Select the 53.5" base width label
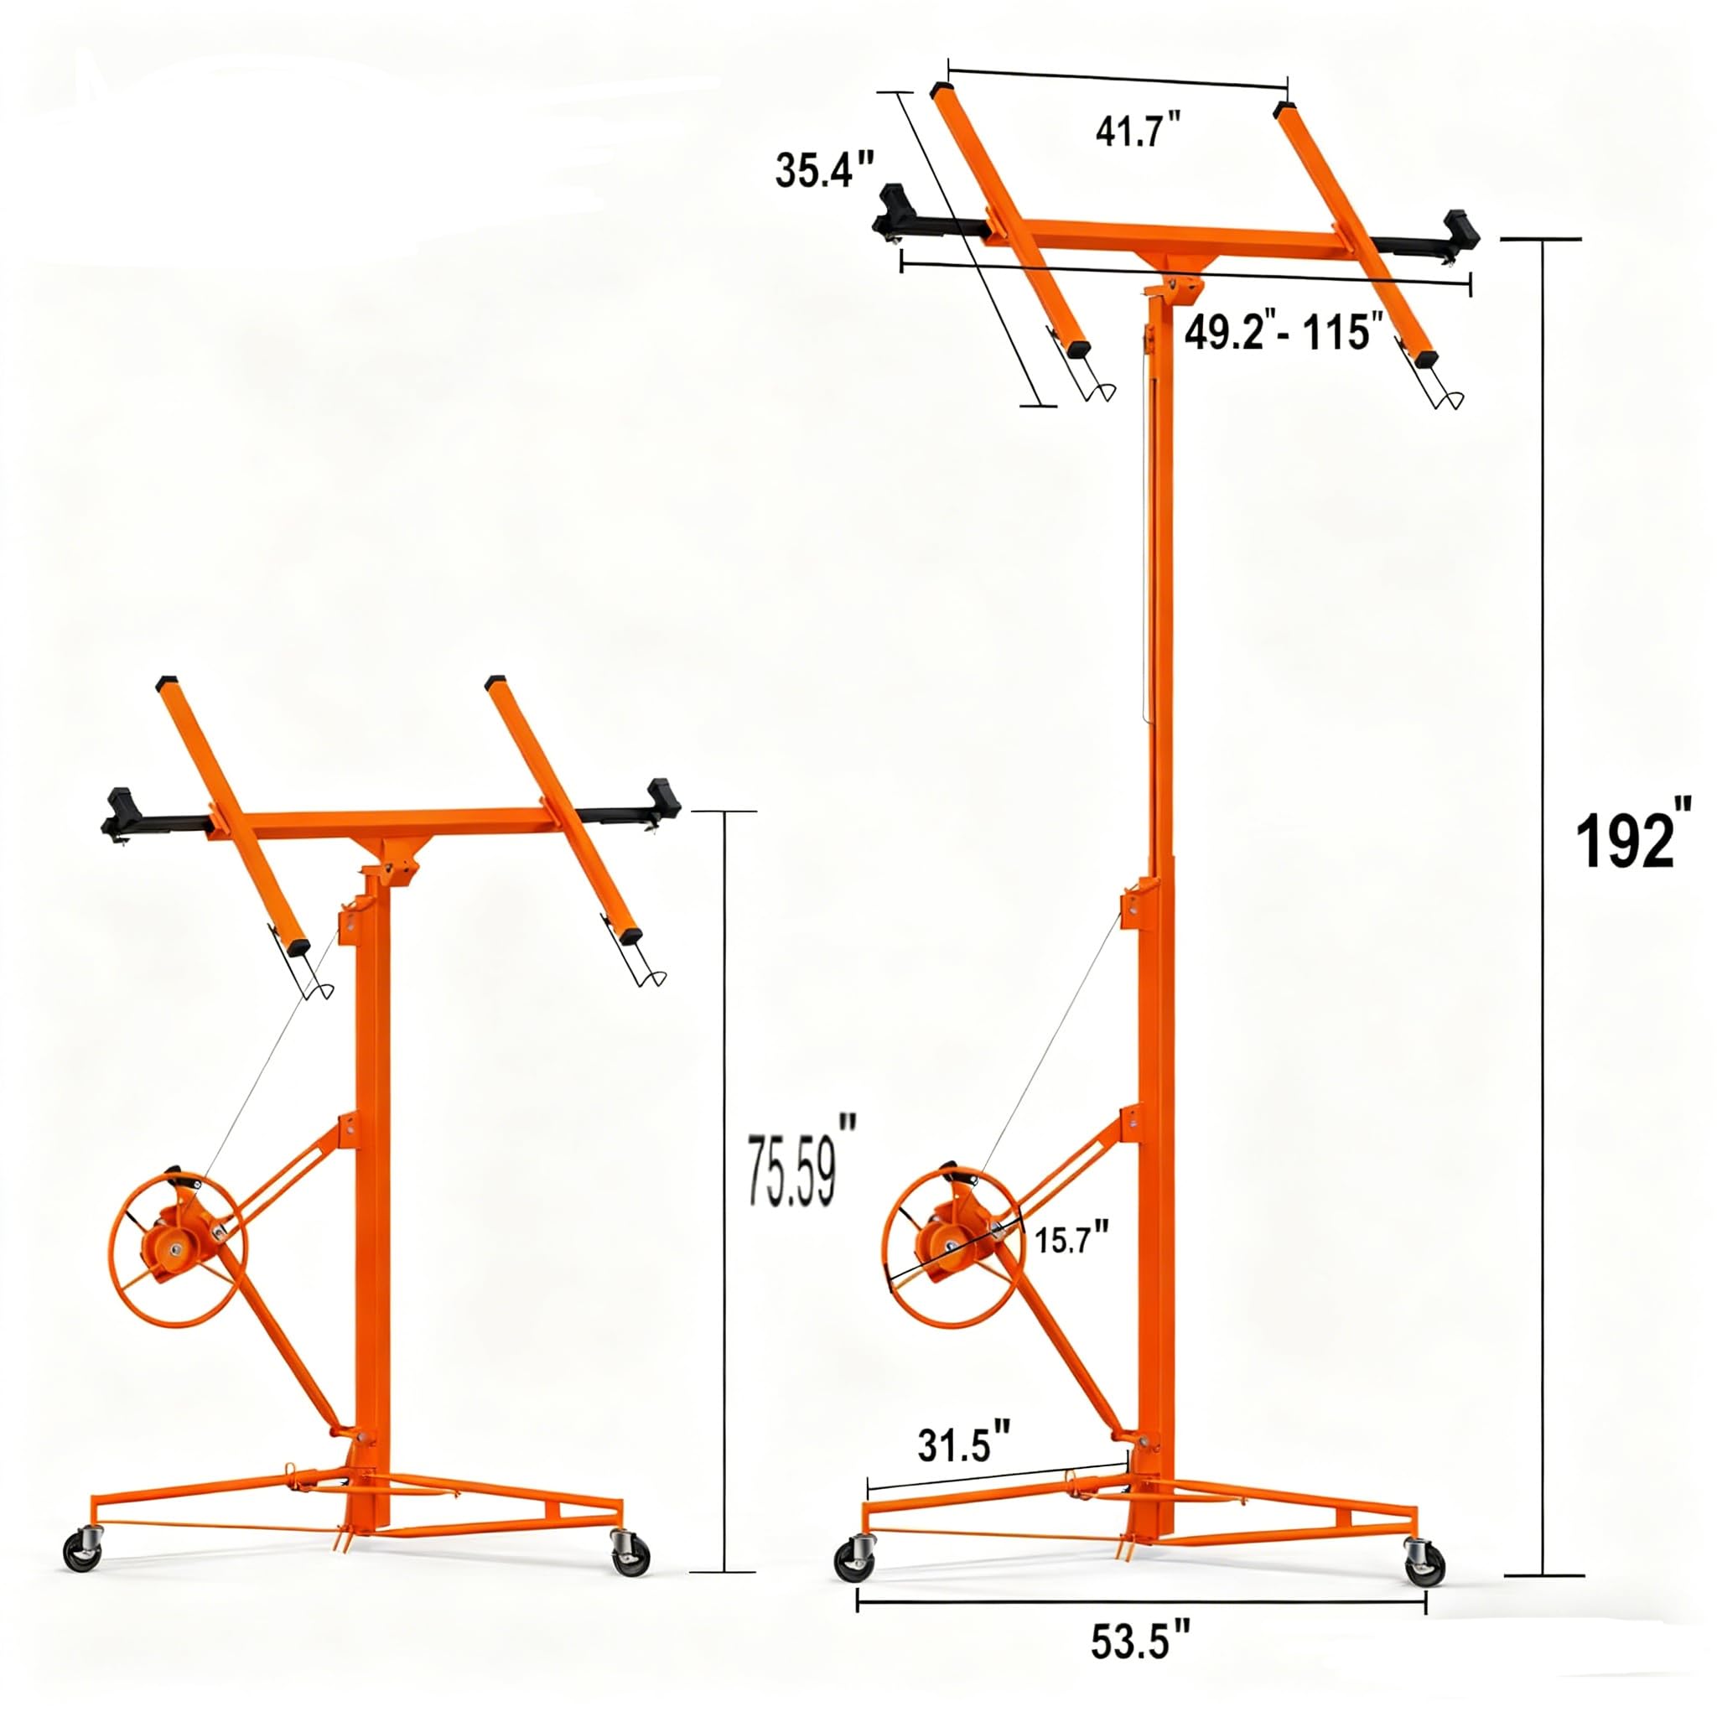(1140, 1642)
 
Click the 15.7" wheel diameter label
(1071, 1237)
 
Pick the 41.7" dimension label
(1139, 131)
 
